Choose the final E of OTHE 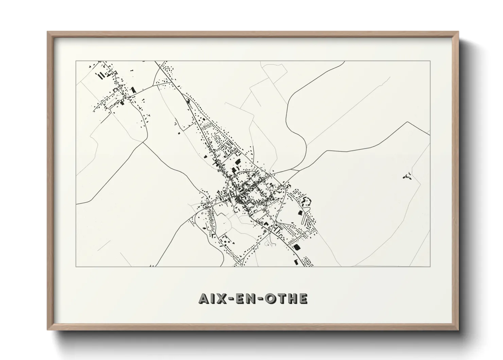[x=303, y=298]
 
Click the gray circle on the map [x=265, y=231]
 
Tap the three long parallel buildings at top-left [x=101, y=75]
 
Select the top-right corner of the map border [x=430, y=61]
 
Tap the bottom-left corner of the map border [x=76, y=266]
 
